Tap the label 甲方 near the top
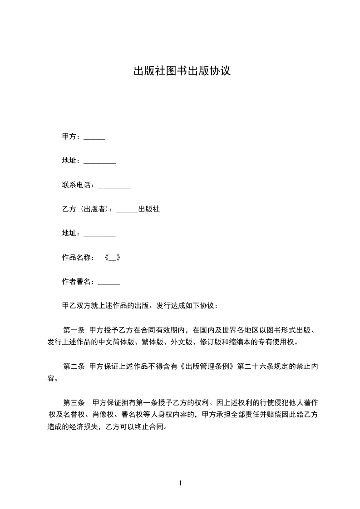pos(69,137)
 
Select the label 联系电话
pos(78,185)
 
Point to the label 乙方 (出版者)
pos(86,209)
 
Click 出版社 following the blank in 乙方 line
pos(149,209)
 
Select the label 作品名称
pos(78,258)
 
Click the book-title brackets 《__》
pos(112,258)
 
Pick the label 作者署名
pos(78,282)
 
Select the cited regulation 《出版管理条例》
pos(207,366)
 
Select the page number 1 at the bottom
pos(180,483)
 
